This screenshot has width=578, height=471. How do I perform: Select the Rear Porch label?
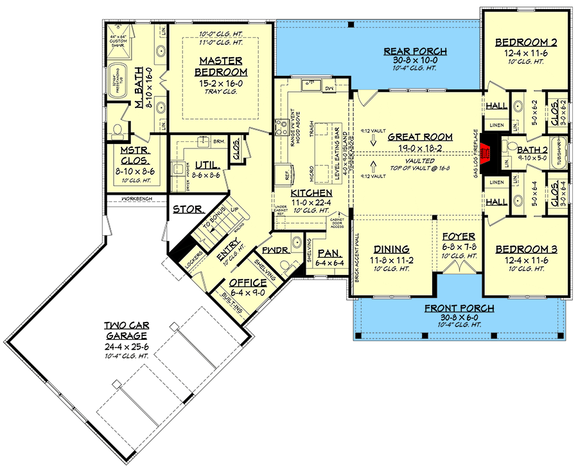click(415, 51)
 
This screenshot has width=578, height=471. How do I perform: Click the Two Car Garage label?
click(127, 330)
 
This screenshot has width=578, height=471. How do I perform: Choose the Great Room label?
click(420, 137)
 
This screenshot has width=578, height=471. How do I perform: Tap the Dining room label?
click(391, 249)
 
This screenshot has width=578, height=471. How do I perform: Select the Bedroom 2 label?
click(526, 43)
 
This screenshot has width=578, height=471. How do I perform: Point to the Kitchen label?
click(311, 193)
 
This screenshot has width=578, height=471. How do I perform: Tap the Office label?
click(247, 283)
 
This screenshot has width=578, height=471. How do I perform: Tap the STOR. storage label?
click(188, 209)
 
